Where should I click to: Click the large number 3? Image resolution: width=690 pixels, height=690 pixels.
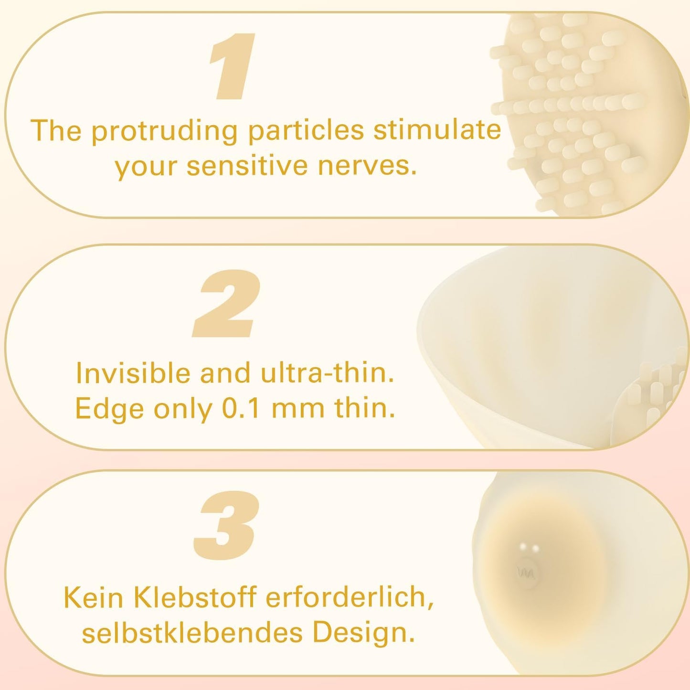tap(227, 525)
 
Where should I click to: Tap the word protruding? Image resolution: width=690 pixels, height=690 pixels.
tap(165, 131)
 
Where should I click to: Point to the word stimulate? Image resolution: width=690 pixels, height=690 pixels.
tap(437, 129)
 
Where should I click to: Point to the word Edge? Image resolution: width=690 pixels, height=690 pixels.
tap(109, 409)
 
